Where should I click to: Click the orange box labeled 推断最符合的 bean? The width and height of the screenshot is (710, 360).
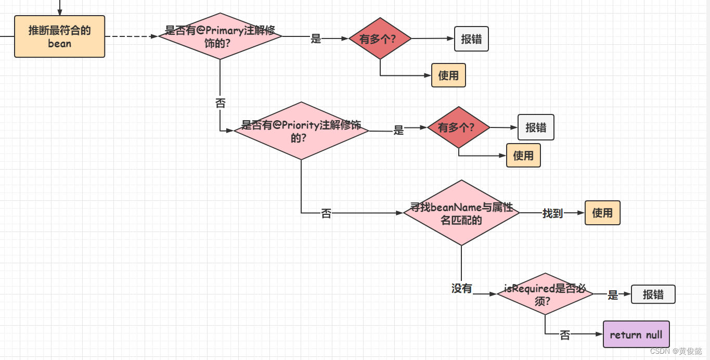point(59,36)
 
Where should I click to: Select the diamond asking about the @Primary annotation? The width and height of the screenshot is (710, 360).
point(220,36)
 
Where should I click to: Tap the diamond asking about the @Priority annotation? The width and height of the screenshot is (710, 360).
point(301,131)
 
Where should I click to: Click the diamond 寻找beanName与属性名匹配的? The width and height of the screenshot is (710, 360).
point(461,213)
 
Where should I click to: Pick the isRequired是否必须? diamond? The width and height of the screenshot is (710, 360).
point(545,294)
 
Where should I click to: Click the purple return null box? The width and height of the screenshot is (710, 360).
point(636,335)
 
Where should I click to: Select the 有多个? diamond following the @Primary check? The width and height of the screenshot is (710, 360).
point(380,38)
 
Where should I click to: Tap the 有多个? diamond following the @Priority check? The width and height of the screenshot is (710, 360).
point(458,127)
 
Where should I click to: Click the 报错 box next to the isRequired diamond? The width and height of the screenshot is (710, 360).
point(653,294)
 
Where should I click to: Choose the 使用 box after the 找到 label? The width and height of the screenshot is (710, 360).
point(602,213)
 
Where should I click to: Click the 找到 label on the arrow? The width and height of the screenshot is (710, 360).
point(552,213)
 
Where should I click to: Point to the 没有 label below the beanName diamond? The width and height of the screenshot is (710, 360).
point(461,288)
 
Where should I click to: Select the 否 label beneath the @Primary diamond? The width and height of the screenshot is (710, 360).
point(220,103)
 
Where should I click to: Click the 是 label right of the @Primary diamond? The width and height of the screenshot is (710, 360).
point(316,38)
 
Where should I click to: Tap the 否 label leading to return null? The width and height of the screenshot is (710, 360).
point(565,336)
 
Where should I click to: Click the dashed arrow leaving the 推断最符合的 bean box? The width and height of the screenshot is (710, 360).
point(130,36)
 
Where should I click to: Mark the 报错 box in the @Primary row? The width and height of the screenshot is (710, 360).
point(471,39)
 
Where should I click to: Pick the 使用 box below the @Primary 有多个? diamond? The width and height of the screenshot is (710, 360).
point(448,75)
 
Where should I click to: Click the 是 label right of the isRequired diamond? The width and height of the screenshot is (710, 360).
point(613,295)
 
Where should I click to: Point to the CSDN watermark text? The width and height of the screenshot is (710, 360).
point(676,351)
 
